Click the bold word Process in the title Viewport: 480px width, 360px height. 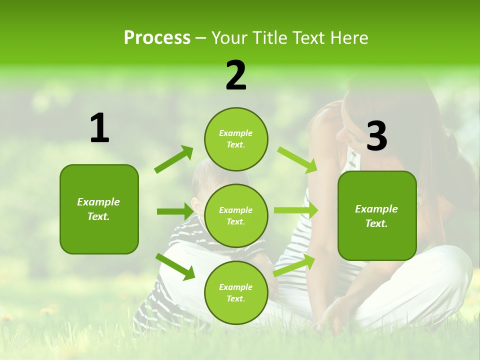pos(157,38)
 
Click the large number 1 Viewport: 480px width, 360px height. pos(99,128)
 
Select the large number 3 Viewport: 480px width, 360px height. pos(376,136)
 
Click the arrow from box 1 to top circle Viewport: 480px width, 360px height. pos(174,159)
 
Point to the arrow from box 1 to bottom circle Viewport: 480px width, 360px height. pos(175,266)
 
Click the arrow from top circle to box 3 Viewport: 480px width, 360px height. pos(297,159)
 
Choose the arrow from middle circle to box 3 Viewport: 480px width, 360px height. pos(296,210)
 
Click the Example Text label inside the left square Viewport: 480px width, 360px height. pos(99,209)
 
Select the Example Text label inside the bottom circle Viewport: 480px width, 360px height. pos(236,293)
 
